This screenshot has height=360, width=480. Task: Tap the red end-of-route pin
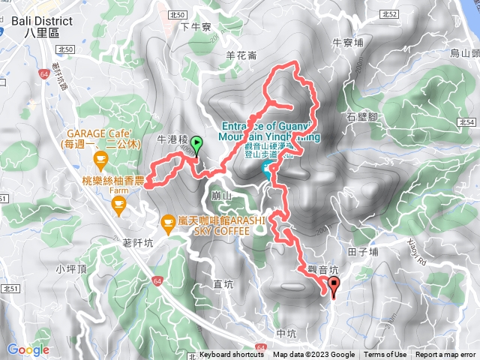point(333,284)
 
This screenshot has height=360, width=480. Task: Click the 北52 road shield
point(388,14)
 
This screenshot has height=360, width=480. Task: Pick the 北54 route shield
point(466,121)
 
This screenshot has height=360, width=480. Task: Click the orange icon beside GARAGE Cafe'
point(100,158)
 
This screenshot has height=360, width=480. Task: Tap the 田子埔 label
point(364,253)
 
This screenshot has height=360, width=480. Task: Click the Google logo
point(28,349)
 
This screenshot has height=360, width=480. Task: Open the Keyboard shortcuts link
point(231,355)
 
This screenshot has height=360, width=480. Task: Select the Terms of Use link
point(385,355)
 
